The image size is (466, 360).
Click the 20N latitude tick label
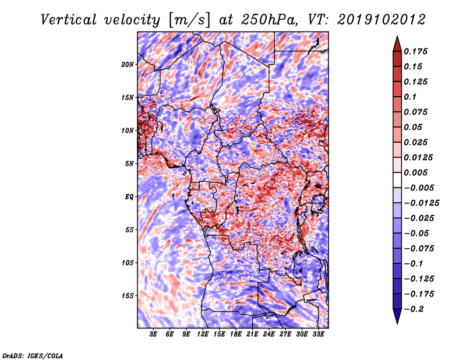click(x=128, y=65)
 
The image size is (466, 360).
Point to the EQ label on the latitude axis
click(x=129, y=197)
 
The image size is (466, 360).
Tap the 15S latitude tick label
click(x=128, y=296)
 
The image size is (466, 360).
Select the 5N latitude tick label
click(x=129, y=164)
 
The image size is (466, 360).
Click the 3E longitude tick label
click(x=153, y=334)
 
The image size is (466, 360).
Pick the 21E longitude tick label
click(x=252, y=334)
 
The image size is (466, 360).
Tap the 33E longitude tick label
click(x=318, y=334)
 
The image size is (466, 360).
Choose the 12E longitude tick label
click(x=202, y=334)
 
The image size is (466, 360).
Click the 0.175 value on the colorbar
click(x=415, y=51)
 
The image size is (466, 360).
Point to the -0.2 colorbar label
click(x=414, y=309)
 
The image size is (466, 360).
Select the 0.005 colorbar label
click(x=415, y=172)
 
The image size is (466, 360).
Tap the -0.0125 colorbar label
click(x=421, y=203)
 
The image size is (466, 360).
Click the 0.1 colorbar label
click(x=410, y=97)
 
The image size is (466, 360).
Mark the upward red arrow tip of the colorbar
click(x=397, y=36)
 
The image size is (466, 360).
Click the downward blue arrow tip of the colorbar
click(x=397, y=323)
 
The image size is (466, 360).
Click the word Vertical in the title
click(x=68, y=20)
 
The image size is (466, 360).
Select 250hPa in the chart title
click(x=269, y=20)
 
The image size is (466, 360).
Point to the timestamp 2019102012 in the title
click(x=382, y=20)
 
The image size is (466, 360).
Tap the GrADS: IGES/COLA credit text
click(x=33, y=355)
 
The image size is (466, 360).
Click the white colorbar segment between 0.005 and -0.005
click(x=397, y=180)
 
